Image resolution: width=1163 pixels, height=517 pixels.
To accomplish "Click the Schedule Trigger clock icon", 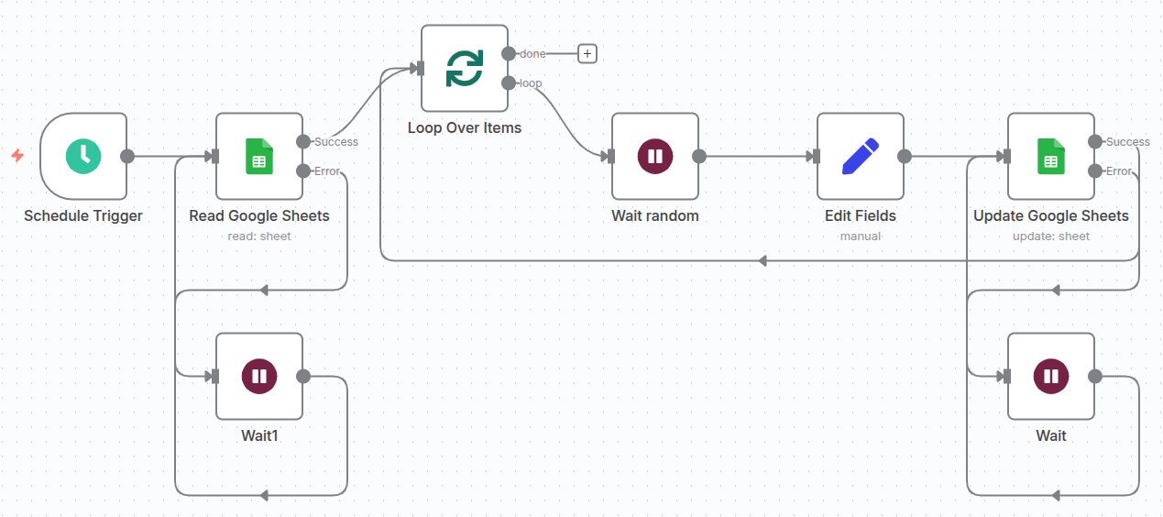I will [83, 156].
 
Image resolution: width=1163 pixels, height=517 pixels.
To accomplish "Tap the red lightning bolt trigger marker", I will [16, 156].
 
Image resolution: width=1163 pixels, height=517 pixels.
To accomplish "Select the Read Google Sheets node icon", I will [259, 156].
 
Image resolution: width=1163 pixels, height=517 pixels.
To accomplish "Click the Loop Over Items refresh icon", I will [465, 68].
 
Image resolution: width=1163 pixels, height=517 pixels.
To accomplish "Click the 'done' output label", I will [532, 54].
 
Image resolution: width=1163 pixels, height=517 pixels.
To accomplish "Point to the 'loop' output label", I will [531, 83].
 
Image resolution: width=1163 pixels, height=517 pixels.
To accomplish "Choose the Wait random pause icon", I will [655, 156].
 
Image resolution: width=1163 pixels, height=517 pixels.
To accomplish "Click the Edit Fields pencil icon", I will [860, 156].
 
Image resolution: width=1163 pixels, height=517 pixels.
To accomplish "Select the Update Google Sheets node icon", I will [1051, 156].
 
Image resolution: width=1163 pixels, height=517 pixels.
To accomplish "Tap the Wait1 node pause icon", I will [259, 376].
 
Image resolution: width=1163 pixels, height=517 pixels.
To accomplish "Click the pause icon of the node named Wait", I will [1051, 376].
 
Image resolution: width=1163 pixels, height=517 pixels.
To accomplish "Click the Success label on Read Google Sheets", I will [336, 142].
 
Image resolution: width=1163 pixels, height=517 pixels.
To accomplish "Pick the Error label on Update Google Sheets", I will [1118, 171].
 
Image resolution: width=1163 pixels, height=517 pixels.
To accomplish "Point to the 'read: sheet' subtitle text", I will [259, 236].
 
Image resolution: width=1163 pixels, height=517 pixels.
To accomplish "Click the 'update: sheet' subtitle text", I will [1051, 236].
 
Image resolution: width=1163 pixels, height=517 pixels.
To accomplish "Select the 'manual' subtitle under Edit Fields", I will [860, 236].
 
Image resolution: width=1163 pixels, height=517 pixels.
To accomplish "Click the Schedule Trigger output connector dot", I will [127, 156].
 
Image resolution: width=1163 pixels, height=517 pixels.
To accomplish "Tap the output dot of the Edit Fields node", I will [905, 156].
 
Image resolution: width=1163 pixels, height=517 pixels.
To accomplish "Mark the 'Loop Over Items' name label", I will [465, 128].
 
